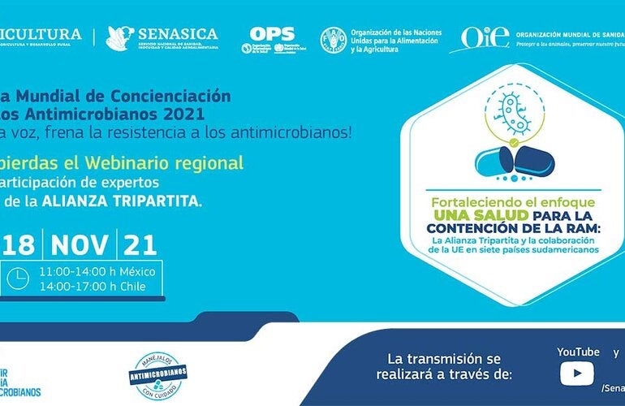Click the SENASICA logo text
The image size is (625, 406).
coord(178,34)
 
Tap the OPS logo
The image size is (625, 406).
coord(272,34)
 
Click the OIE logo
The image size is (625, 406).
coord(485,36)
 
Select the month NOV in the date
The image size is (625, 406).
coord(84,244)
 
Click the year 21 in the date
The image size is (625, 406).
coord(140,244)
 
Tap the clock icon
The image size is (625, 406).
coord(17,279)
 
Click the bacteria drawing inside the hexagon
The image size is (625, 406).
coord(515,117)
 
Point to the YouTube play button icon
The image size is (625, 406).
coord(577,373)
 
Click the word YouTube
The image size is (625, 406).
coord(578,352)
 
